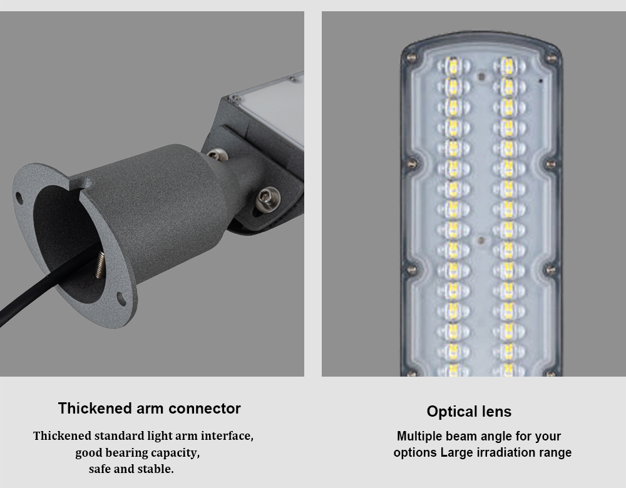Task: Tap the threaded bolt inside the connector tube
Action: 99,264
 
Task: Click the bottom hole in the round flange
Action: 120,297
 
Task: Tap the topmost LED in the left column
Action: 453,65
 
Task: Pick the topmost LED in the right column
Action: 508,65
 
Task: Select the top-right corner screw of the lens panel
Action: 552,58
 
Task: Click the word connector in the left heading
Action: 205,409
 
